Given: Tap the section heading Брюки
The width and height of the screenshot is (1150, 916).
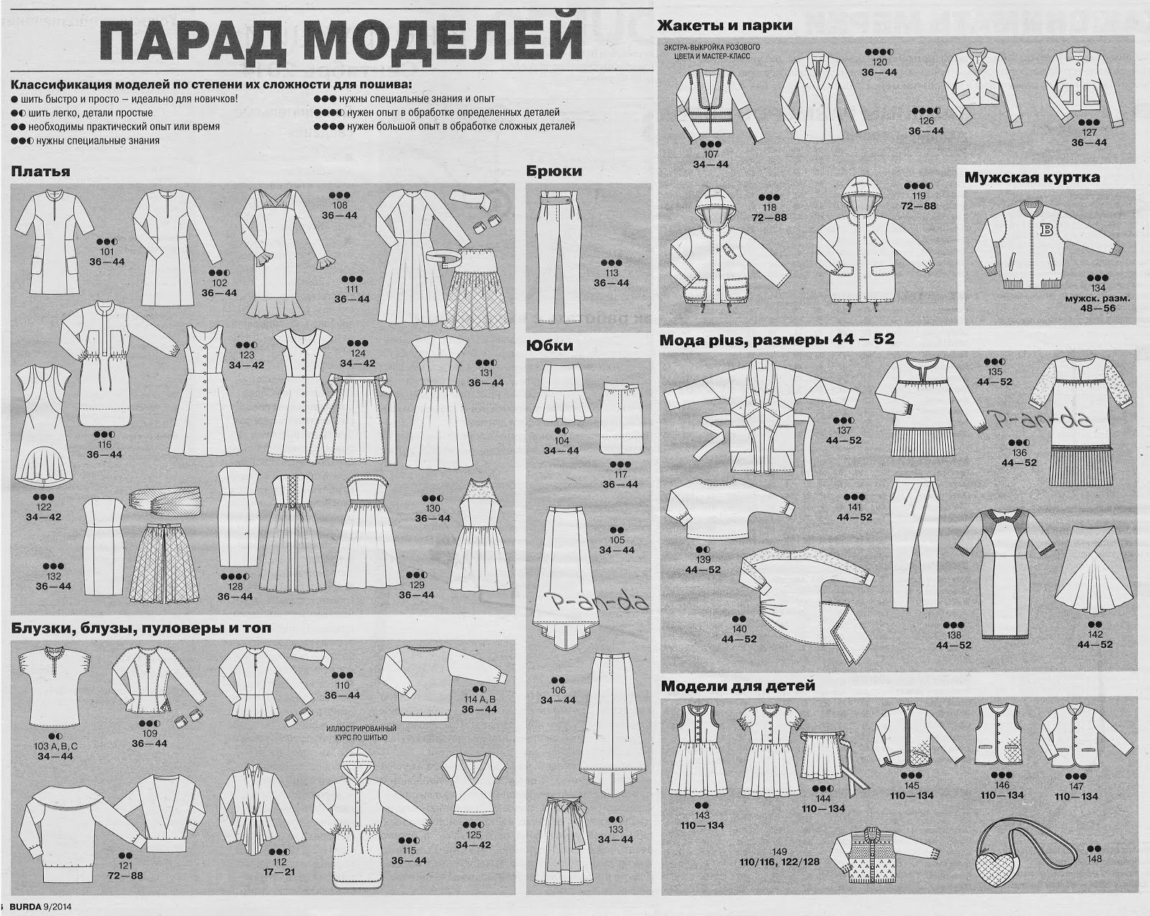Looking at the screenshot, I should click(x=553, y=172).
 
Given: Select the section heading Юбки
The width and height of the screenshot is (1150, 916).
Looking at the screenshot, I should click(x=549, y=346).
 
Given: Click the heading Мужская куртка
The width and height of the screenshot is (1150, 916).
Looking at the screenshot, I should click(x=1031, y=178).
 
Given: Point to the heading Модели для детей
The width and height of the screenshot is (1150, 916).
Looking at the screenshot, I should click(x=737, y=686).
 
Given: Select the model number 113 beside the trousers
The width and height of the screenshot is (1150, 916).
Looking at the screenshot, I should click(x=612, y=273).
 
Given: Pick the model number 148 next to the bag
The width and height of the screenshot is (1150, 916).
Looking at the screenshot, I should click(x=1094, y=859).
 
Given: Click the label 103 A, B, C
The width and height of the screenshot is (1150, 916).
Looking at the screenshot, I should click(x=55, y=746).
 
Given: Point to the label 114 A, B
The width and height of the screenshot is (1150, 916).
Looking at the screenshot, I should click(x=480, y=699).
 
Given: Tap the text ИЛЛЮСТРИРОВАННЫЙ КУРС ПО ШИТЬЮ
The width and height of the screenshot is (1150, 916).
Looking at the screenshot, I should click(x=356, y=733).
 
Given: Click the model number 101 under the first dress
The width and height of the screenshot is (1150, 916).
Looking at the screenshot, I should click(x=107, y=252).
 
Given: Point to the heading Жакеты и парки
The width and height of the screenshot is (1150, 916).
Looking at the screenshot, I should click(x=725, y=25).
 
